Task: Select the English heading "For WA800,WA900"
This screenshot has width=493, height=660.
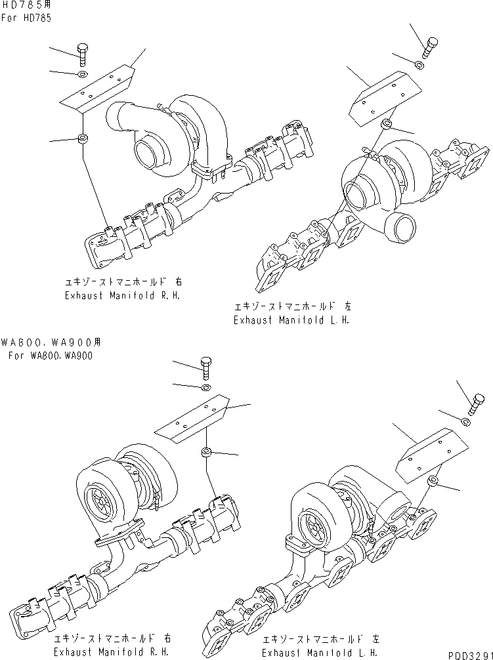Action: click(51, 356)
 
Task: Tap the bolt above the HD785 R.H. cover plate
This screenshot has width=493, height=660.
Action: click(82, 53)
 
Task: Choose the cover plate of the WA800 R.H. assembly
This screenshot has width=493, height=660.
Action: click(192, 418)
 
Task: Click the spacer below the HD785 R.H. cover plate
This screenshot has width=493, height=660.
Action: click(83, 139)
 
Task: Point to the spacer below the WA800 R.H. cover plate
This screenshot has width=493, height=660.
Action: click(205, 452)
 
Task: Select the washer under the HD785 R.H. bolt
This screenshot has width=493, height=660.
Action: click(81, 75)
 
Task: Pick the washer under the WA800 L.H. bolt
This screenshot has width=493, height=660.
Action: click(465, 421)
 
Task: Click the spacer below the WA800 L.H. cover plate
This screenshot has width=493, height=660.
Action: click(434, 482)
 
